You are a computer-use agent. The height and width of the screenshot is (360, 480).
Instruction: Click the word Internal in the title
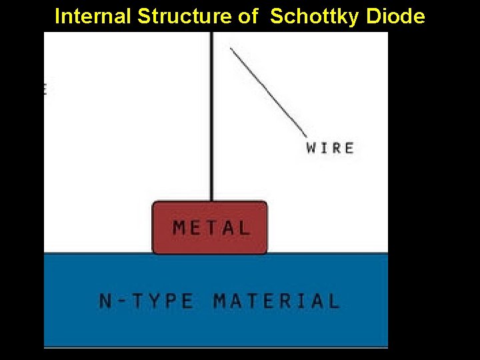click(x=93, y=17)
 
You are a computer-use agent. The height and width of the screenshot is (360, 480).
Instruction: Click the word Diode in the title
click(x=396, y=17)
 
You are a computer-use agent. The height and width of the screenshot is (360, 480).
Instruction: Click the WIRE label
click(x=330, y=147)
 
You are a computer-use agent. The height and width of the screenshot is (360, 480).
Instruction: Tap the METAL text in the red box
click(x=211, y=228)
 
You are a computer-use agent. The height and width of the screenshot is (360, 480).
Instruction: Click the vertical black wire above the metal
click(x=211, y=120)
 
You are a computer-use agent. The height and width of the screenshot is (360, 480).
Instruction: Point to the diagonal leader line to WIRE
click(x=267, y=90)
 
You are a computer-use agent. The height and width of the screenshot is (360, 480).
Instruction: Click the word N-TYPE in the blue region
click(x=147, y=301)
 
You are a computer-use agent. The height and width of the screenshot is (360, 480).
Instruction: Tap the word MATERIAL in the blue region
click(x=277, y=301)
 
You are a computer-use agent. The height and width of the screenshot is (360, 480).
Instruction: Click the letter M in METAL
click(x=179, y=228)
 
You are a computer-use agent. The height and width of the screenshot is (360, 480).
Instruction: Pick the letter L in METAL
click(x=244, y=228)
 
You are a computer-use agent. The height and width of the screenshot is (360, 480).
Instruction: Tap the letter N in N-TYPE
click(x=105, y=301)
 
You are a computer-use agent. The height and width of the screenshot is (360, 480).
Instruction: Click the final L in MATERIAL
click(x=333, y=301)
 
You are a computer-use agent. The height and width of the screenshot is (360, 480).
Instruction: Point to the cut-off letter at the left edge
click(x=45, y=88)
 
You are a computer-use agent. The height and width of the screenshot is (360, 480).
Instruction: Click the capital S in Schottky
click(x=277, y=17)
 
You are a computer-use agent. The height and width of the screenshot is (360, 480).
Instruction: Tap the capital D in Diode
click(x=373, y=17)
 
